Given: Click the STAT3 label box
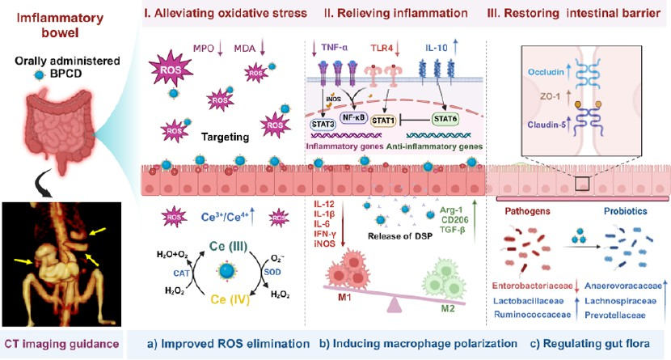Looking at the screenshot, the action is point(323,124).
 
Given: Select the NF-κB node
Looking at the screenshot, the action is point(353,116).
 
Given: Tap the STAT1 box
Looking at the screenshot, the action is point(383,121).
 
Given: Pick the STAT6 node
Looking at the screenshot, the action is point(445,119).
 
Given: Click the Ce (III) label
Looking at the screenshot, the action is point(228,247).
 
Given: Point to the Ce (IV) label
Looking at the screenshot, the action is point(230,299).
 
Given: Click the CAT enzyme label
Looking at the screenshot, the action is point(181,273).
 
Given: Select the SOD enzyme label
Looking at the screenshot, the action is point(272,272).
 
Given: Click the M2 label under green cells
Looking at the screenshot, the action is point(448,307).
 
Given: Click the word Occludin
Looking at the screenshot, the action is point(546,72).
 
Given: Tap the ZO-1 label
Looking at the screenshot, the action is point(550,97).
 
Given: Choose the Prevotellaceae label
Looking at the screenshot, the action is point(615,315).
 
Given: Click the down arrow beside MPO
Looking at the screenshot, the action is point(221,48).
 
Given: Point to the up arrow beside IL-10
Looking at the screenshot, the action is point(455,47).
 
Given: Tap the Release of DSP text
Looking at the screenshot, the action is point(399,236).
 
